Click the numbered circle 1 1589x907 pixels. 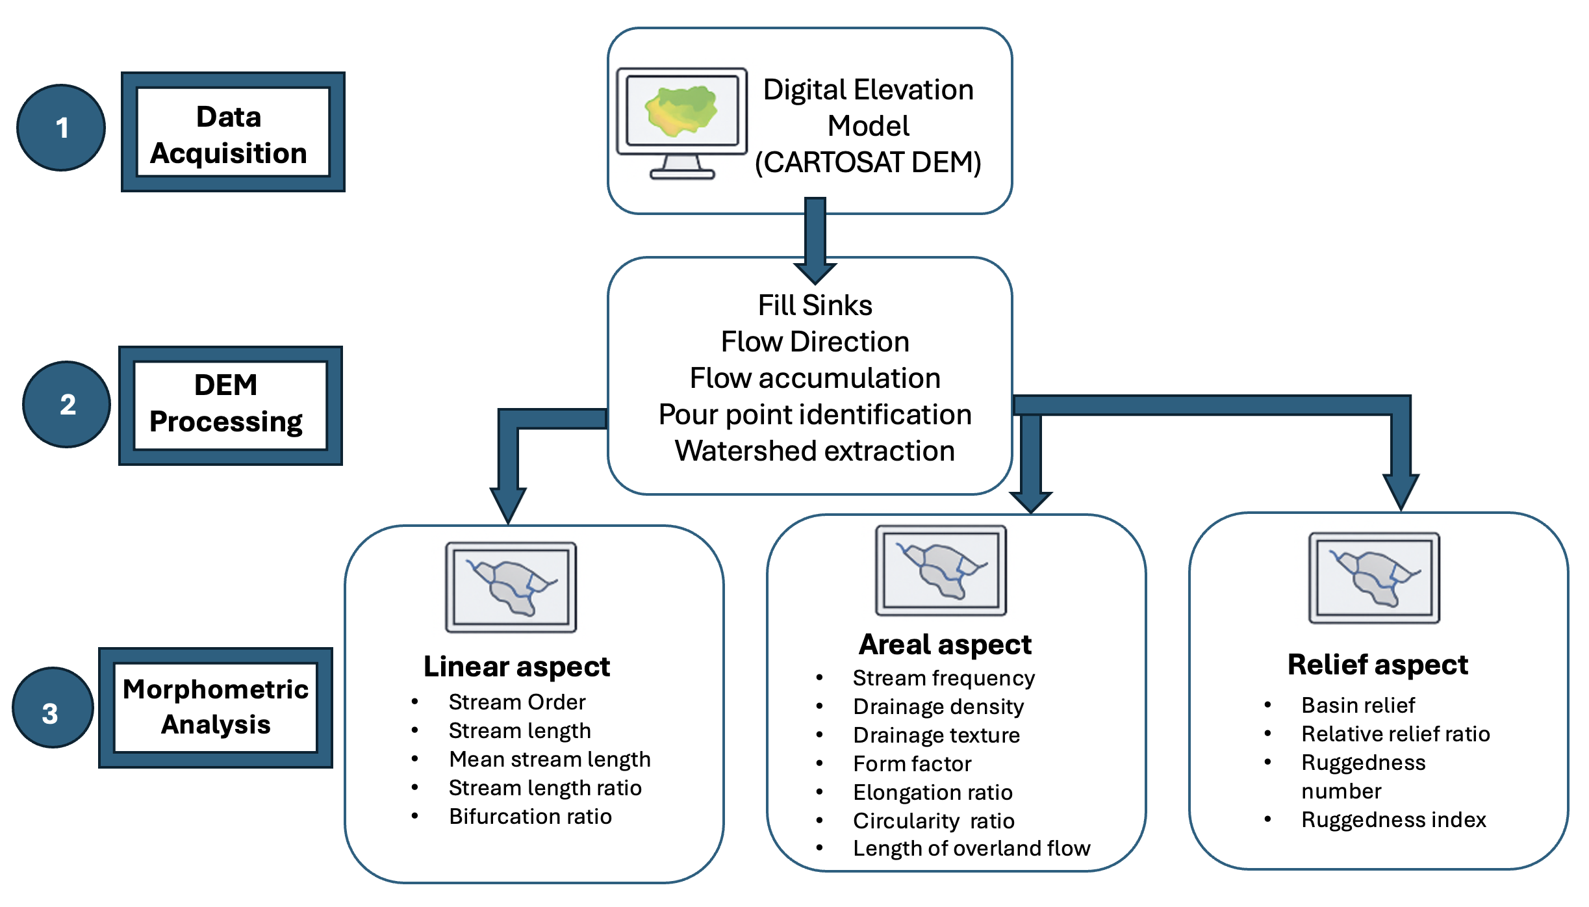(x=61, y=128)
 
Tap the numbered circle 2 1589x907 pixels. (x=67, y=404)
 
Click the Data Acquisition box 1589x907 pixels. (x=233, y=132)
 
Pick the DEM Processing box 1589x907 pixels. (x=230, y=405)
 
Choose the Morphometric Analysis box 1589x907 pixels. (x=216, y=708)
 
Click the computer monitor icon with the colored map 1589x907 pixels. (x=681, y=123)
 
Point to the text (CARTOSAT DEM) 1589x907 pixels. (x=868, y=162)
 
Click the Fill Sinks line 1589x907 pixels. (x=815, y=305)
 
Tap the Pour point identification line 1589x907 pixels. (x=815, y=415)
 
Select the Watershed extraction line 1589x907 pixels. (x=815, y=451)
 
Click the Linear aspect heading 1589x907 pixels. (x=516, y=667)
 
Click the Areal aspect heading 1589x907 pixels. (x=945, y=645)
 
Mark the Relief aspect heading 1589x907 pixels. (x=1377, y=665)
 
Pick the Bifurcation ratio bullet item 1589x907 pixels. (x=530, y=817)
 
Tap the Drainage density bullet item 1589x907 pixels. (x=938, y=707)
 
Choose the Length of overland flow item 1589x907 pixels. (x=971, y=849)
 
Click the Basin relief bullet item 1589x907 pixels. (x=1358, y=706)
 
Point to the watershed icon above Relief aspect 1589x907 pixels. (x=1374, y=578)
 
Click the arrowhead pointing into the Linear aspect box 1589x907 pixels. (x=508, y=504)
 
